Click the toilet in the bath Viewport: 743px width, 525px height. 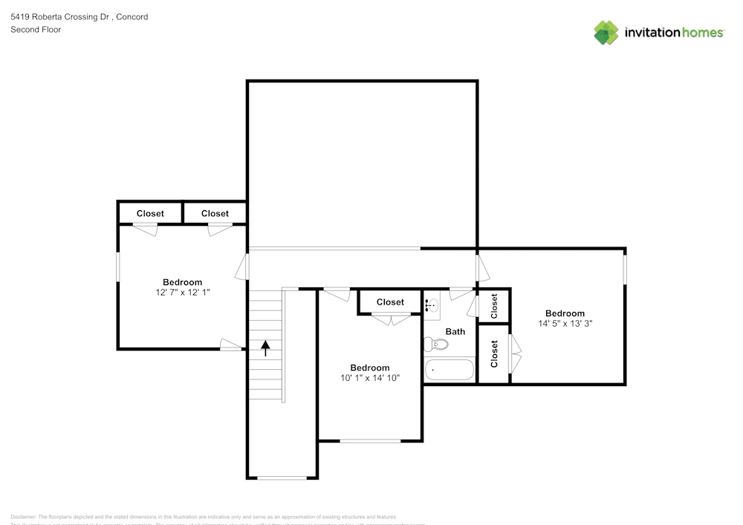tap(436, 345)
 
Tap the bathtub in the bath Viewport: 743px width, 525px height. tap(449, 370)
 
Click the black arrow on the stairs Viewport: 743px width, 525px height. tap(265, 348)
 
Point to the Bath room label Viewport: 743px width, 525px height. tap(455, 331)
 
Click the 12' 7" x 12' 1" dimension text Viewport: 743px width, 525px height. tap(182, 293)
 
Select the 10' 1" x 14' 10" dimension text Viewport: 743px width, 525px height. tap(370, 378)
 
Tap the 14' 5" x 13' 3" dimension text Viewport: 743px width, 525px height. tap(565, 324)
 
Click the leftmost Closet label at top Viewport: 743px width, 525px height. tap(150, 214)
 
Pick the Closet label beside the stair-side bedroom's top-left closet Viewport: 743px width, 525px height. tap(215, 214)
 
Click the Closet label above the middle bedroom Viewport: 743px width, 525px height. tap(390, 302)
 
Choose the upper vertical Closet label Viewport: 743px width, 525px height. tap(494, 306)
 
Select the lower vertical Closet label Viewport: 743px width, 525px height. tap(494, 354)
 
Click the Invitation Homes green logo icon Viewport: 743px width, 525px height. tap(606, 33)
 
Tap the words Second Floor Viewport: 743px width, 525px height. tap(36, 30)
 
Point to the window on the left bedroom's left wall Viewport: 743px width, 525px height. tap(118, 267)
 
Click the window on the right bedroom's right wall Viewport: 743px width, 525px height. tap(624, 269)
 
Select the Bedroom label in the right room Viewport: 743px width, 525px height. tap(565, 313)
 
